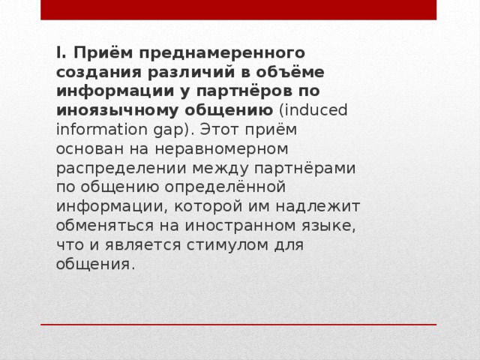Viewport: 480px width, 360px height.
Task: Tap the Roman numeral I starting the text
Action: (x=58, y=52)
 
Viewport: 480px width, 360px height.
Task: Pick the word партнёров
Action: (x=253, y=91)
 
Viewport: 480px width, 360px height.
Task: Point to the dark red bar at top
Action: (x=238, y=10)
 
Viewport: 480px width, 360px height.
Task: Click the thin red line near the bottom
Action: (x=238, y=325)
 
